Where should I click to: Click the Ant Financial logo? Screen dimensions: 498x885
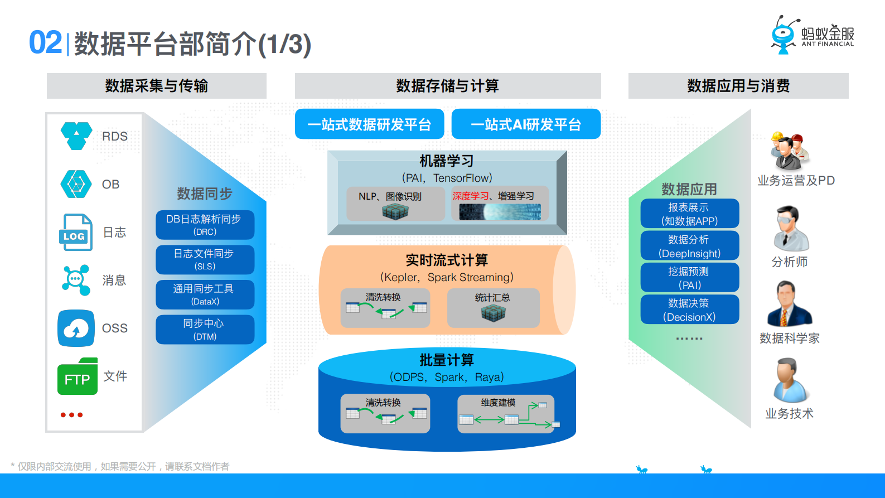tap(813, 35)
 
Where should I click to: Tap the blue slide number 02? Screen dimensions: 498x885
tap(45, 43)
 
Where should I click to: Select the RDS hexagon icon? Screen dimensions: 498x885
tap(76, 136)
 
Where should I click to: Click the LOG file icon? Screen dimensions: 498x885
tap(75, 232)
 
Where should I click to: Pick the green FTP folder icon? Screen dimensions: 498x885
tap(78, 376)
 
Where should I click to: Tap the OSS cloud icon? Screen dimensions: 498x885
tap(76, 328)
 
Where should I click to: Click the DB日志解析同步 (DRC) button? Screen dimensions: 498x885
tap(205, 225)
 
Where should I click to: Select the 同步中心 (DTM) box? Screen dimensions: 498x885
tap(205, 330)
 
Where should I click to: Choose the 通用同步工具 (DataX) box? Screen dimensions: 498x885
tap(205, 294)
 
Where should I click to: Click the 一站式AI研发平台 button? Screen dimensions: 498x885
tap(526, 124)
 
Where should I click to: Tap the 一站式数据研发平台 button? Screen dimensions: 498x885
tap(369, 124)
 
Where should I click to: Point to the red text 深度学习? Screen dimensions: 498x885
tap(470, 196)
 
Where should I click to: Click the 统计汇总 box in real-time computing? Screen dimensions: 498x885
tap(493, 308)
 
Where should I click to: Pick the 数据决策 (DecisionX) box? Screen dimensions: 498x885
tap(689, 310)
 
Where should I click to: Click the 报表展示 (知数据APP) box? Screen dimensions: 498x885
tap(689, 214)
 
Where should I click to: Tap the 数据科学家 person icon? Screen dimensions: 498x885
tap(789, 304)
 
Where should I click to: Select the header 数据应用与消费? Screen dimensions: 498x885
tap(738, 86)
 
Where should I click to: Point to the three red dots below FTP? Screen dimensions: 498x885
tap(71, 415)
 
